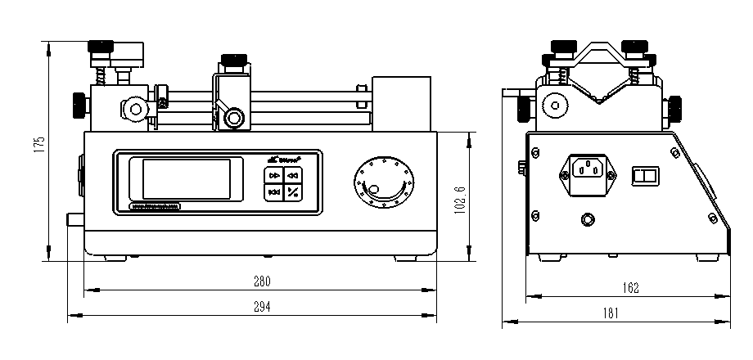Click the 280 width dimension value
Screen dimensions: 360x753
[x=261, y=281]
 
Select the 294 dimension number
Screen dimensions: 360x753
[x=261, y=307]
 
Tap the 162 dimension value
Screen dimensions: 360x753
[x=630, y=288]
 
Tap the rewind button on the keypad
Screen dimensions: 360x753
[x=293, y=175]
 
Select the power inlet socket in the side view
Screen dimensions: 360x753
[x=587, y=171]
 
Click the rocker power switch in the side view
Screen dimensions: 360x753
[x=647, y=174]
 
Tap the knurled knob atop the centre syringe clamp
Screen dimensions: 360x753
[x=232, y=60]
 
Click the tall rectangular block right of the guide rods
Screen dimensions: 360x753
[x=401, y=103]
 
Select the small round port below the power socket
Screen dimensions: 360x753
[x=587, y=219]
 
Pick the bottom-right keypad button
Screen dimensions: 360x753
[x=293, y=193]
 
